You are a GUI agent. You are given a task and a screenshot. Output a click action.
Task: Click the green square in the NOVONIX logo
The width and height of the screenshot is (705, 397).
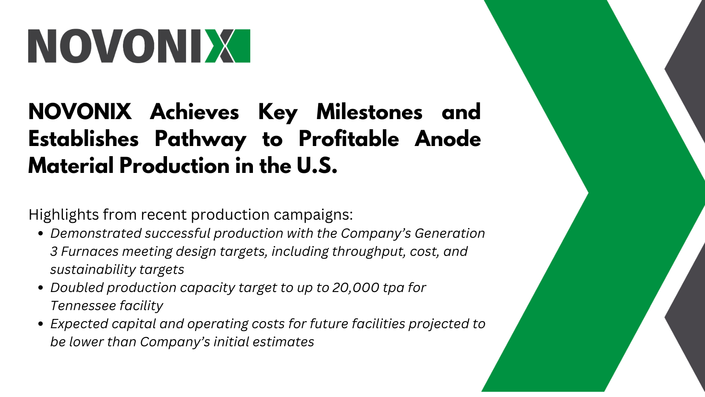click(242, 46)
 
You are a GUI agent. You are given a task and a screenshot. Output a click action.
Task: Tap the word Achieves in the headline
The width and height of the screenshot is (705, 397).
click(194, 112)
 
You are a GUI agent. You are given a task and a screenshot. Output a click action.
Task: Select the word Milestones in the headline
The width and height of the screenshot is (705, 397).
click(369, 112)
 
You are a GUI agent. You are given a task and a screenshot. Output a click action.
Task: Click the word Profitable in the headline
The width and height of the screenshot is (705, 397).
click(349, 139)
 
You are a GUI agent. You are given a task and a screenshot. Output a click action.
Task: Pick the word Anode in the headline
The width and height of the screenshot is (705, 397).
click(448, 139)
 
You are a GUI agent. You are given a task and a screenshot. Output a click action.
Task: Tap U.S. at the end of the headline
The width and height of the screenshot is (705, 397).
click(317, 166)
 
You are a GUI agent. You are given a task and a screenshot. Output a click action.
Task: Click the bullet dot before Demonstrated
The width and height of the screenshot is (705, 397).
click(40, 234)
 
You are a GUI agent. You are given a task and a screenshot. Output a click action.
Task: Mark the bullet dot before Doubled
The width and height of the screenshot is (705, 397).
click(40, 288)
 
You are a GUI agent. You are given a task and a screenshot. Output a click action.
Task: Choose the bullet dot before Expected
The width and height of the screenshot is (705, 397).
click(40, 324)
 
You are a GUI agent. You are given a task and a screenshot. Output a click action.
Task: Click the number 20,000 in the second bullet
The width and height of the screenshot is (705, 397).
click(356, 288)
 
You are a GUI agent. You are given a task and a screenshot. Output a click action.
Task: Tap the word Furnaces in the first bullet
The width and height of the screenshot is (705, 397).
click(90, 251)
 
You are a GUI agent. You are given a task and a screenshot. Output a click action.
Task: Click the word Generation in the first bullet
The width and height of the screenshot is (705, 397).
click(450, 233)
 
